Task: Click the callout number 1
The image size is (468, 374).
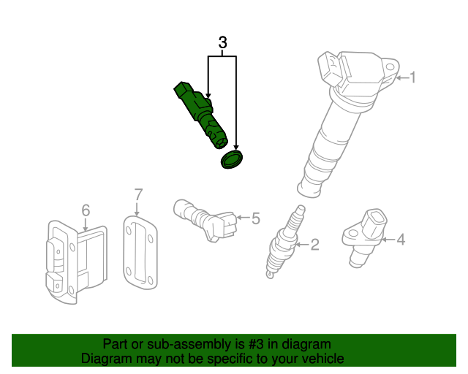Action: point(412,77)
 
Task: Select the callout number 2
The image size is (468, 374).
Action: point(314,245)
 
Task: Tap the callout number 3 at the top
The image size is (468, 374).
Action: point(222,43)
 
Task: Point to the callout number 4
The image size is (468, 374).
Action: point(400,239)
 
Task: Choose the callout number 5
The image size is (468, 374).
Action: point(255,218)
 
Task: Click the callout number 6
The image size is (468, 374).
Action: point(86,210)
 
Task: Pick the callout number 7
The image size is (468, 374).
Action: point(138,194)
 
